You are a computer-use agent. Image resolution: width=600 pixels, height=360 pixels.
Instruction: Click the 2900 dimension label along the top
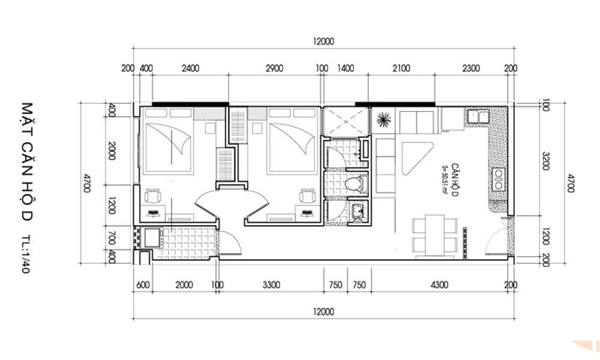point(274,68)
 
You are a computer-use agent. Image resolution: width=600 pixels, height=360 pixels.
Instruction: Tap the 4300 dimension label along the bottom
point(439,285)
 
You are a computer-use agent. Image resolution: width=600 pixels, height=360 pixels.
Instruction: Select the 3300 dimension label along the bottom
point(271,285)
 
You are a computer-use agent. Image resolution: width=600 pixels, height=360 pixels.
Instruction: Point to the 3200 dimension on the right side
point(546,161)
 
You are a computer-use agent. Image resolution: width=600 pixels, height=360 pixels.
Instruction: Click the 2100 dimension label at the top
point(401,68)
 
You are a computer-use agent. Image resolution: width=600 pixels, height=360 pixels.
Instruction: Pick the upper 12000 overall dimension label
point(323,41)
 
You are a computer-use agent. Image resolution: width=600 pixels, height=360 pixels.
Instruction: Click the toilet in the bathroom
point(356,184)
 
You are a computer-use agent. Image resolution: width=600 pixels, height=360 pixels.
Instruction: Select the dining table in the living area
point(434,235)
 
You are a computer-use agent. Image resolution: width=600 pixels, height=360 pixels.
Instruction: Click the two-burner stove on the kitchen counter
point(498,179)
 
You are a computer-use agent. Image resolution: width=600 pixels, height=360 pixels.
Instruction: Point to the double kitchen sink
point(478,116)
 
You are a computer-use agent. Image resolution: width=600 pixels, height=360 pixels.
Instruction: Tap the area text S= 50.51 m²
point(445,180)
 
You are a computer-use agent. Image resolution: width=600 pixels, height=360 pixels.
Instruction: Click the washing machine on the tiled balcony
point(152,237)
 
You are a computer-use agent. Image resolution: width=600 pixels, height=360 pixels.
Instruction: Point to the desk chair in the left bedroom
point(152,196)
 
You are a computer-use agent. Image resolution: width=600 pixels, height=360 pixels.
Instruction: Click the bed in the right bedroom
point(292,141)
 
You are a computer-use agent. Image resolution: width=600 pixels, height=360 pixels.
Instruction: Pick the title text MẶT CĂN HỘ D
point(27,161)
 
